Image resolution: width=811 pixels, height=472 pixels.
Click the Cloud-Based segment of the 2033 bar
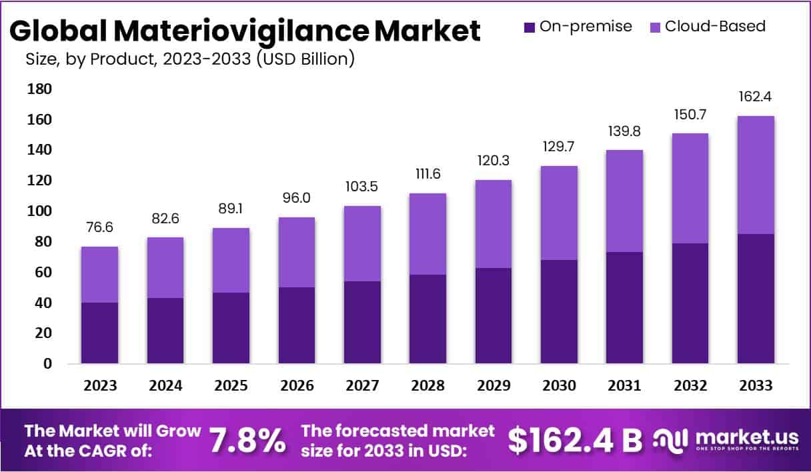click(756, 175)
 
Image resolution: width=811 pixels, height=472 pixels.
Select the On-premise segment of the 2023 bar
click(99, 333)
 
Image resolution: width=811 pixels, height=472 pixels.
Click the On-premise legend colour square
click(530, 27)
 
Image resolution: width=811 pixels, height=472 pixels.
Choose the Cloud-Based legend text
click(715, 27)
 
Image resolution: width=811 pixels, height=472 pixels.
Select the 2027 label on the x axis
click(362, 386)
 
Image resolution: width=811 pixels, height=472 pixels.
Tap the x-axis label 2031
click(624, 386)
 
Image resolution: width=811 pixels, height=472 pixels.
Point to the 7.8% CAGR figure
click(248, 441)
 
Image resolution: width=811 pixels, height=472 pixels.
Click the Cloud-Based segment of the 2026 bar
click(296, 252)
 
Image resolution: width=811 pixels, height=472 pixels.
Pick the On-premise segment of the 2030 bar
click(559, 311)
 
